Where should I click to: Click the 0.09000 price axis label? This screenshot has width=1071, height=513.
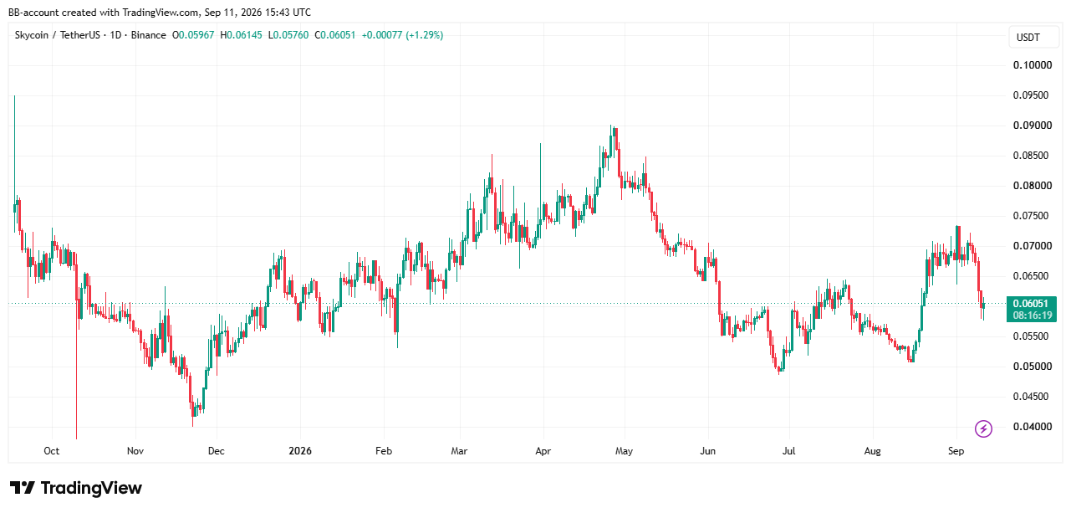coord(1033,126)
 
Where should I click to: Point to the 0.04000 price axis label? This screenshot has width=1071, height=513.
coord(1033,426)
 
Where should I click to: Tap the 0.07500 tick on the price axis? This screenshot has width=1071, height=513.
coord(1033,216)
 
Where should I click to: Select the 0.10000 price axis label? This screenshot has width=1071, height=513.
coord(1033,65)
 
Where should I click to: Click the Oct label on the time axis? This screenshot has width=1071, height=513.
coord(52,451)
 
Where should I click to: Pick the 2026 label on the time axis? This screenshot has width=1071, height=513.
coord(300,451)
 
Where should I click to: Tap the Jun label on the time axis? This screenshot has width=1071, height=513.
coord(707,451)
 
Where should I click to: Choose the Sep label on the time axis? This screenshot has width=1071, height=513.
coord(956,451)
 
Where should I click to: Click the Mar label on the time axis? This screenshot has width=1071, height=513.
coord(459,451)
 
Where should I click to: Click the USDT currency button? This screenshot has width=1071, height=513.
coord(1028,38)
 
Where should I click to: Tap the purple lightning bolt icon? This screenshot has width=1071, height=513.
coord(983,428)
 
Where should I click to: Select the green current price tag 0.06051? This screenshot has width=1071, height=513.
coord(1031,304)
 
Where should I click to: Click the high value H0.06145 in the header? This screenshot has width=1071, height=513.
coord(241,35)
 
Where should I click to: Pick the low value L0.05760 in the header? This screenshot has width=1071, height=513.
coord(288,35)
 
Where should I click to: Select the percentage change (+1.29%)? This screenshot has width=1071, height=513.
coord(424,35)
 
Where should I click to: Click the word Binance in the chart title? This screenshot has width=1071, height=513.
coord(148,35)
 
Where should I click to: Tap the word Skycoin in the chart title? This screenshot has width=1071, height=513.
coord(32,35)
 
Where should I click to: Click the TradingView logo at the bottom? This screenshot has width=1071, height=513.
coord(76,488)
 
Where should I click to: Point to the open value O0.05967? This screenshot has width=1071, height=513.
coord(193,35)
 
